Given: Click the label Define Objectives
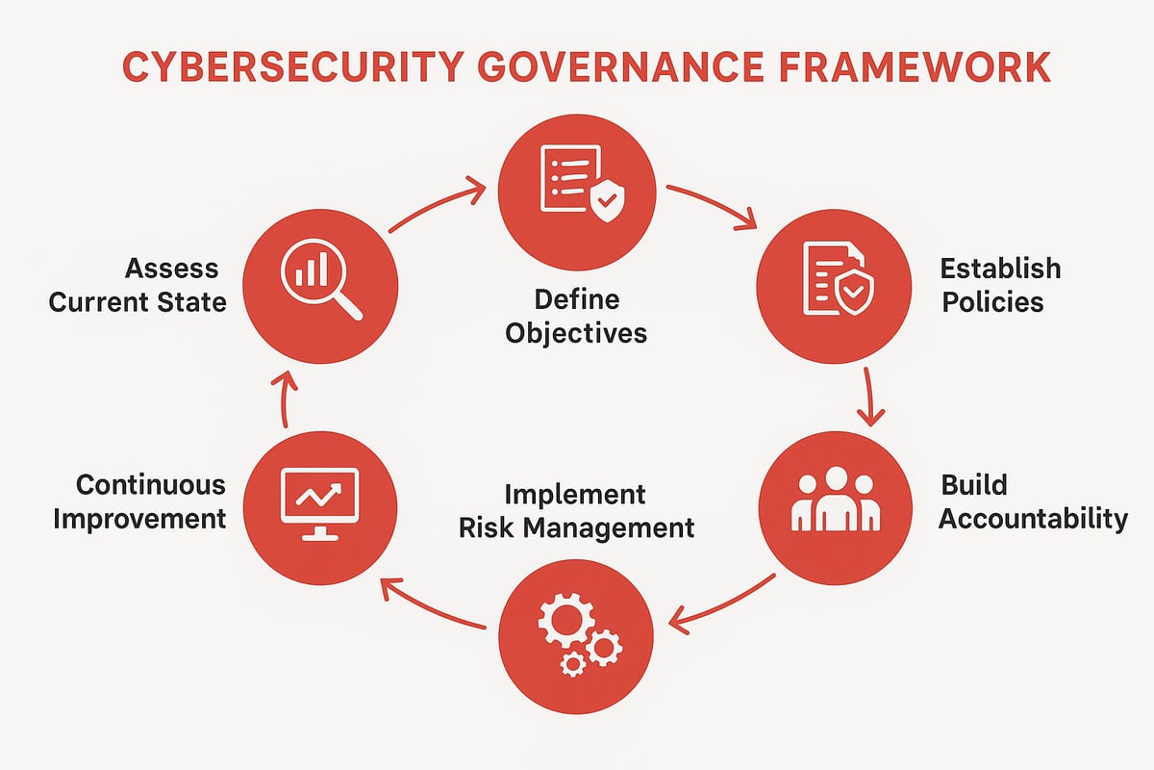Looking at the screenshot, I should click(576, 317).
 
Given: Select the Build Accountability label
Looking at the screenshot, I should click(1032, 501).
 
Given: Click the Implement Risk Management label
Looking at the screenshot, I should click(576, 511).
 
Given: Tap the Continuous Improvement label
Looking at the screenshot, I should click(140, 500).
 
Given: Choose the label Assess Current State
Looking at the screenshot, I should click(138, 285).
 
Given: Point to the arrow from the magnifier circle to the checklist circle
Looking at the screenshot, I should click(438, 205).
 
